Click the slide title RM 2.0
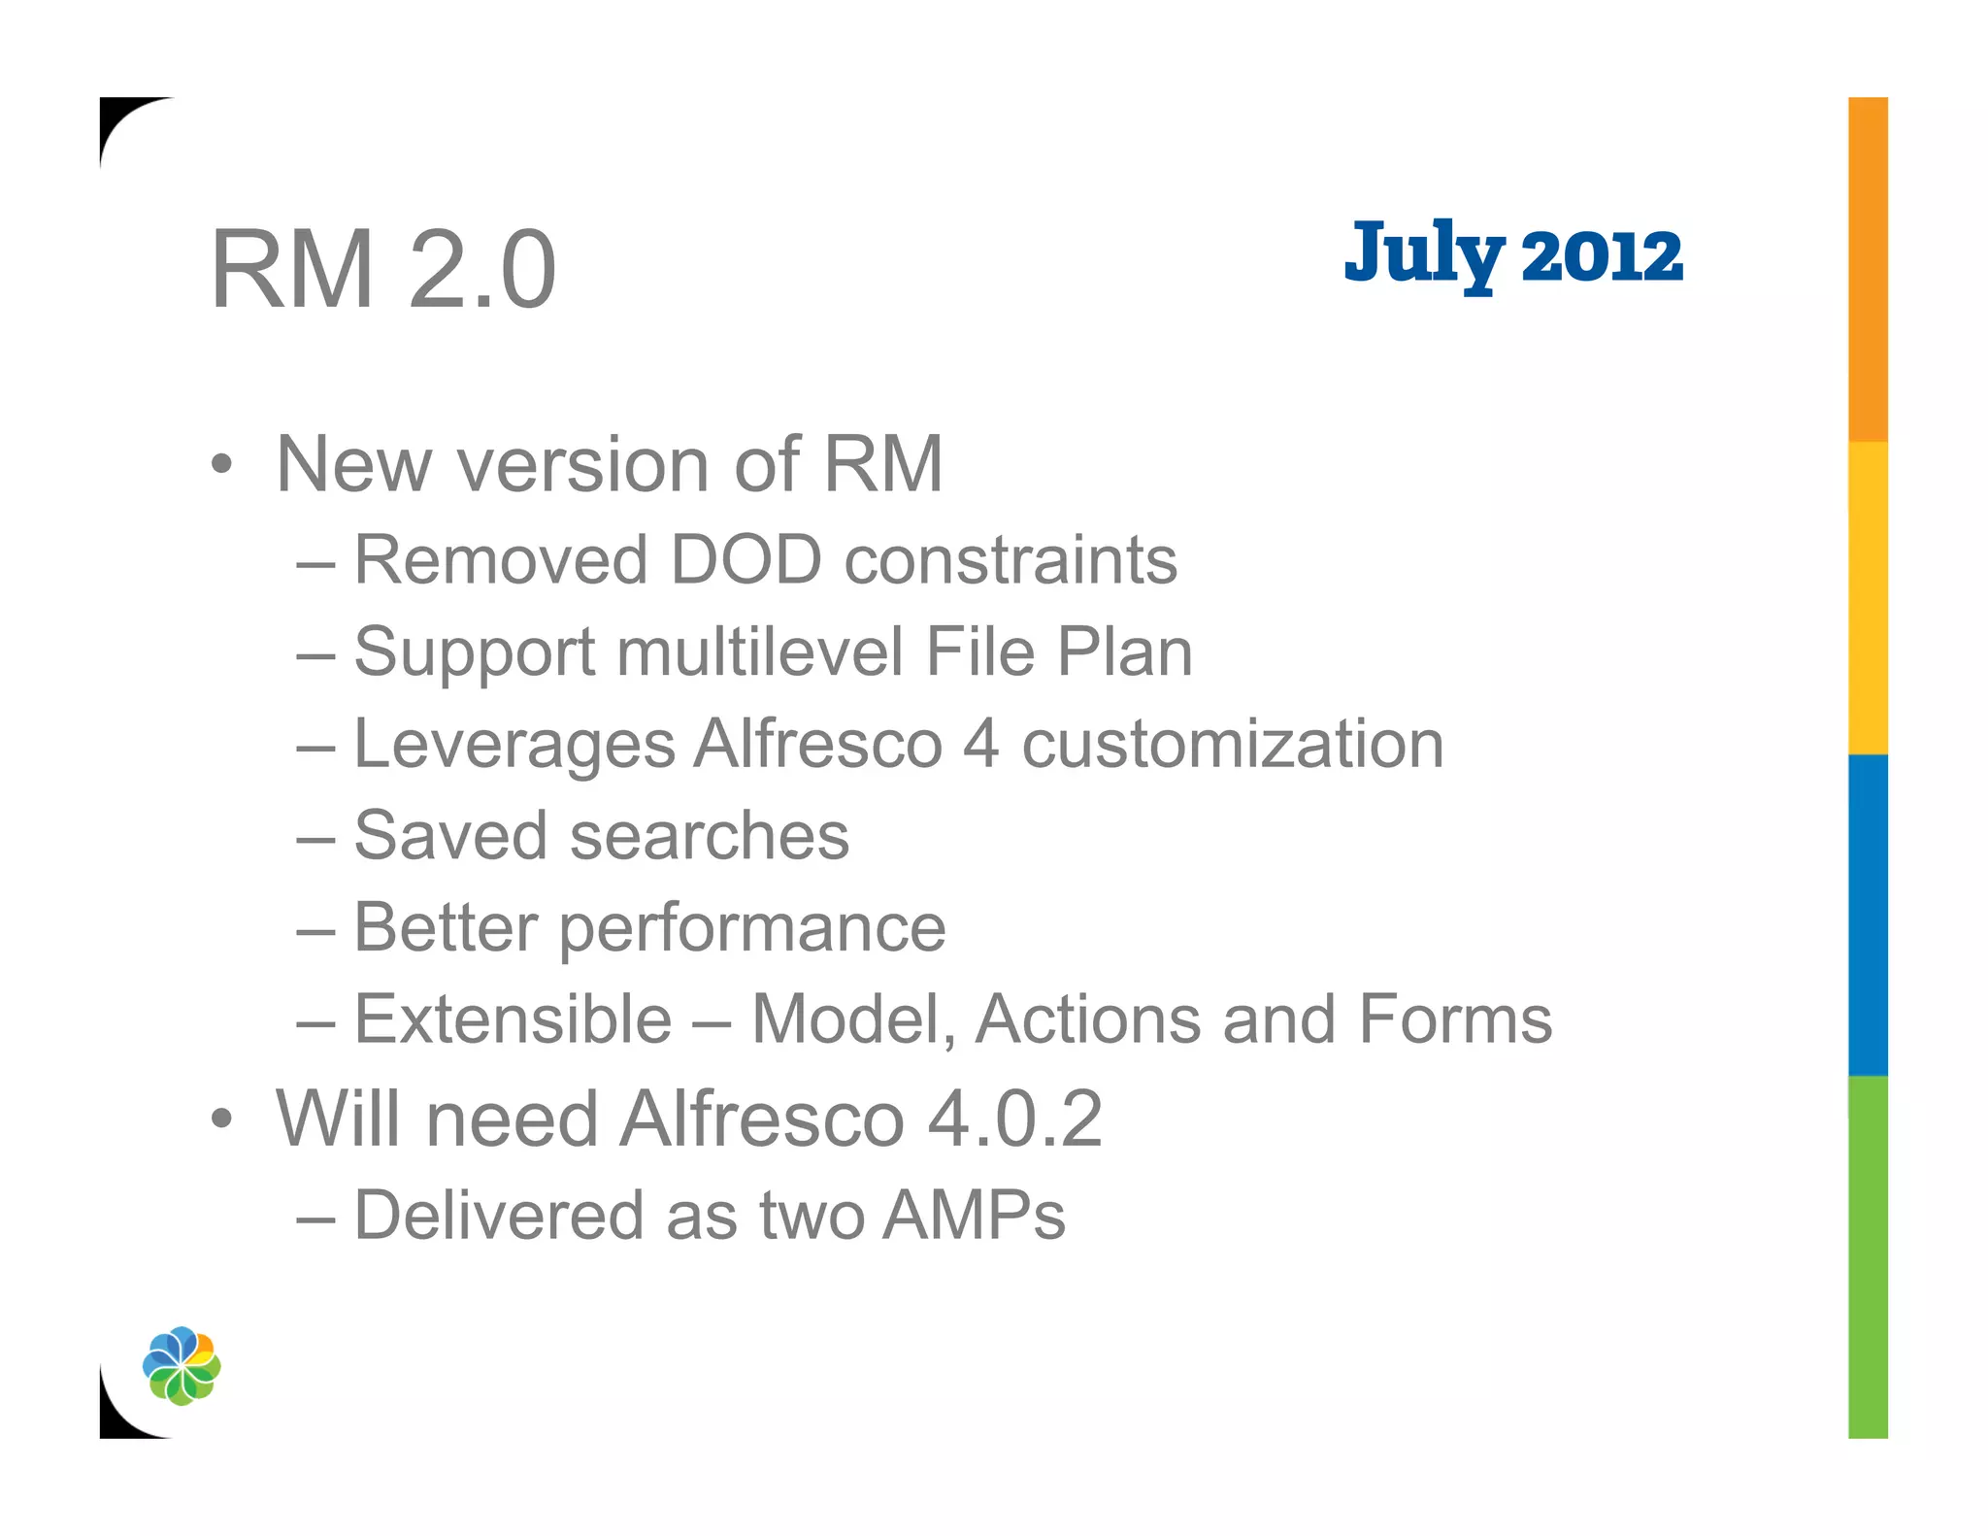click(383, 269)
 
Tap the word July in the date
click(1424, 254)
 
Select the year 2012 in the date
click(1602, 258)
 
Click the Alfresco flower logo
click(182, 1365)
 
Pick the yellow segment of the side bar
click(1868, 597)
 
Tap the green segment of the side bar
click(1868, 1256)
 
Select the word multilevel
click(760, 651)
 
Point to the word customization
click(1233, 745)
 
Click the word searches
click(709, 836)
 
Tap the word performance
click(752, 929)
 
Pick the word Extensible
click(513, 1019)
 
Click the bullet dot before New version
click(222, 465)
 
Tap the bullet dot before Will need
click(222, 1119)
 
